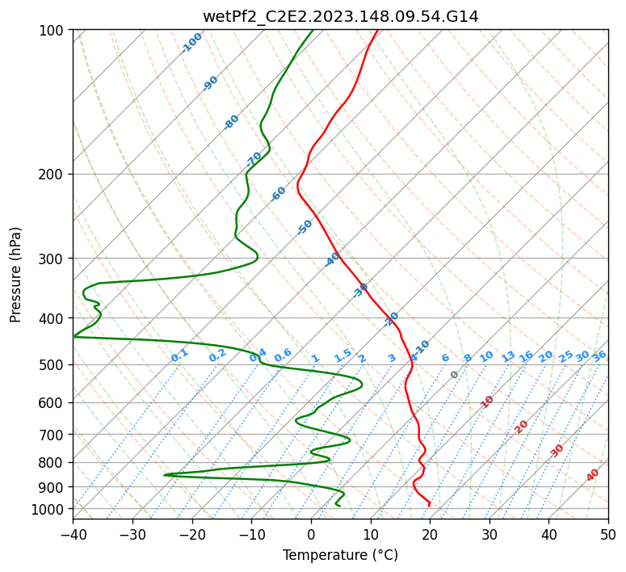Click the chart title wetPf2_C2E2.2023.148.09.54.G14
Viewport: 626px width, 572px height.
340,15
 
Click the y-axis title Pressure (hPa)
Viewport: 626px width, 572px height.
16,275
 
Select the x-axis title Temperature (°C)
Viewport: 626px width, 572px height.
340,555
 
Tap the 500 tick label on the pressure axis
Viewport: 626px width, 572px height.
52,365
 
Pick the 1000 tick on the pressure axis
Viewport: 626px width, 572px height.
48,509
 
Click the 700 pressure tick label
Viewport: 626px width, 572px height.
52,435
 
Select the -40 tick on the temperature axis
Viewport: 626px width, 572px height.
73,534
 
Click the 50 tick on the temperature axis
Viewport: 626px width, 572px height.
608,534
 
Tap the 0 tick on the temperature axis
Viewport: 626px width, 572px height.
311,534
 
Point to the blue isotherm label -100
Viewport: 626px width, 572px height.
191,43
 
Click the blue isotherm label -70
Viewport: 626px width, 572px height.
254,159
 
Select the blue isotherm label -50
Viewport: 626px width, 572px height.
305,227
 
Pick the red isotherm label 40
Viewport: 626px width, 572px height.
593,475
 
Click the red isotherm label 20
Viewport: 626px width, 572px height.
522,426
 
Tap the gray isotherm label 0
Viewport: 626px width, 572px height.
455,375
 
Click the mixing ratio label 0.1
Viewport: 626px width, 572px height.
179,355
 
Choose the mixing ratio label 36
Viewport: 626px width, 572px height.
599,355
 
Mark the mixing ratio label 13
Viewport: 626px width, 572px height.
508,356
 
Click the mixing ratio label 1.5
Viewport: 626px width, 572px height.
342,355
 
